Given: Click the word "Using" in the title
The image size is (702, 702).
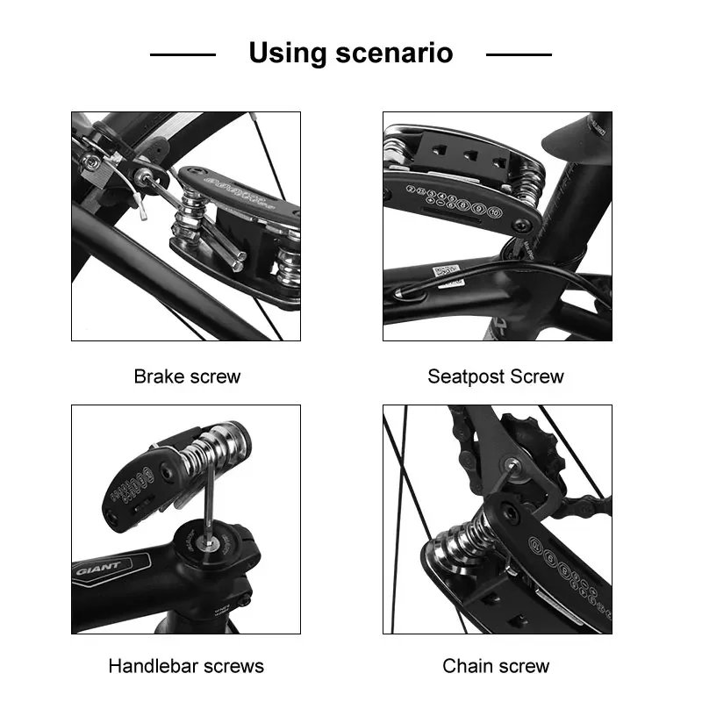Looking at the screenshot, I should coord(286,53).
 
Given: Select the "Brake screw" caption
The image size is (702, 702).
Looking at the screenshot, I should coord(187,376).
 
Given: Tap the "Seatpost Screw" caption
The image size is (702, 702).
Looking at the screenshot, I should coord(496,376).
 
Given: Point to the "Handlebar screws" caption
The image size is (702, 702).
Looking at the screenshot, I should coord(186,666).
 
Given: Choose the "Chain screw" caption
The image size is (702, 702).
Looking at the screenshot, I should coord(496,666).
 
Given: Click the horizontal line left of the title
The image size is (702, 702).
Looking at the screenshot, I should coord(183,54).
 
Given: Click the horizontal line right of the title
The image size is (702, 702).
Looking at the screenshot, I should coord(519,54).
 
